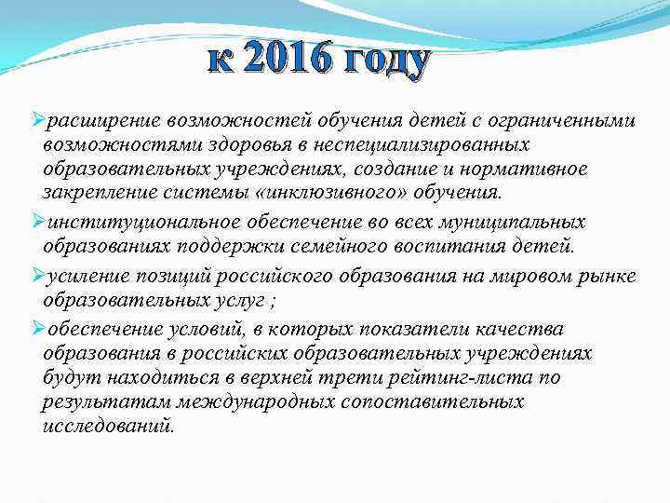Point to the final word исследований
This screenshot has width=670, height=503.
click(x=107, y=427)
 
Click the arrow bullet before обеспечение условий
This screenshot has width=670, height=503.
click(x=37, y=329)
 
